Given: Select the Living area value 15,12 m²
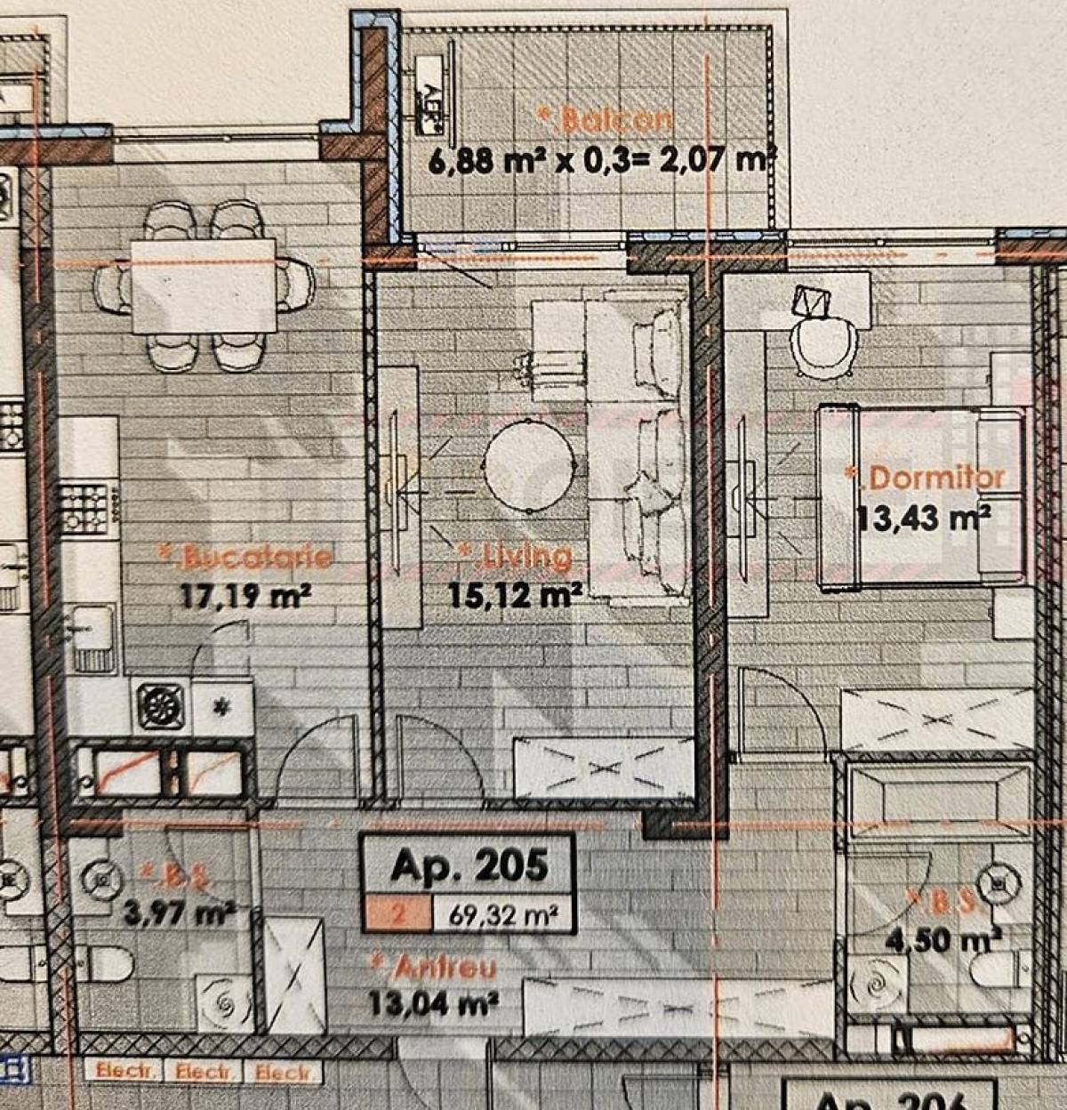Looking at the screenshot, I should tap(515, 593).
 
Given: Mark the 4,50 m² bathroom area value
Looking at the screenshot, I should tap(944, 939).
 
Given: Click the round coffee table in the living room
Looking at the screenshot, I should tap(531, 465).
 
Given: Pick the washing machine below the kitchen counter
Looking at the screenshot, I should tap(161, 707).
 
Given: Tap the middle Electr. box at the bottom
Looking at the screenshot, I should tap(203, 1072).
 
